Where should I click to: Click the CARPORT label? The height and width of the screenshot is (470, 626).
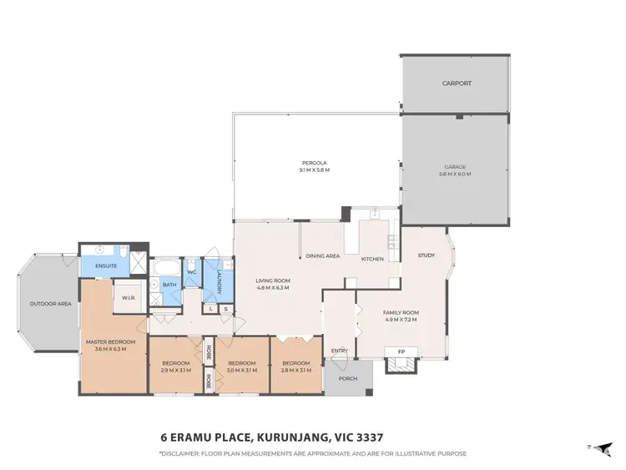[457, 83]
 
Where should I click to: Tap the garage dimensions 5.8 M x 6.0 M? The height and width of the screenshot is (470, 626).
[456, 174]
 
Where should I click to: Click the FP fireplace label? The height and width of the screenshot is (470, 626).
[401, 351]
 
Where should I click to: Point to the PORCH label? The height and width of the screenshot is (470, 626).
[347, 377]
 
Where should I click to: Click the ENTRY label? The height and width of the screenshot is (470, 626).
[339, 351]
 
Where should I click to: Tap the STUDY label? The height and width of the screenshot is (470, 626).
[427, 255]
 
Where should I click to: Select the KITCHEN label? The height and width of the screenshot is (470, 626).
[372, 259]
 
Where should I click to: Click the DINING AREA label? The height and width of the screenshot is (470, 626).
[322, 255]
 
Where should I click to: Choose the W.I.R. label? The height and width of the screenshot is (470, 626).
[129, 297]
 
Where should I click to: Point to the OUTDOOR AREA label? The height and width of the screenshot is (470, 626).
[50, 303]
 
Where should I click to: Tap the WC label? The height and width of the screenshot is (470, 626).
[191, 272]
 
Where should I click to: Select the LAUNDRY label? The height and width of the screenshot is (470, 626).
[220, 281]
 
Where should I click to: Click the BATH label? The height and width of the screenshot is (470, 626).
[169, 285]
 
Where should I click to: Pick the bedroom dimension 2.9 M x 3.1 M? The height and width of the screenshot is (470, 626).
[176, 370]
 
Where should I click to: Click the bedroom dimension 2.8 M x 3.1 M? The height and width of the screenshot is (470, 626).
[296, 370]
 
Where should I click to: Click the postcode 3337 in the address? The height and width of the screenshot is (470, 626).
[368, 437]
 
